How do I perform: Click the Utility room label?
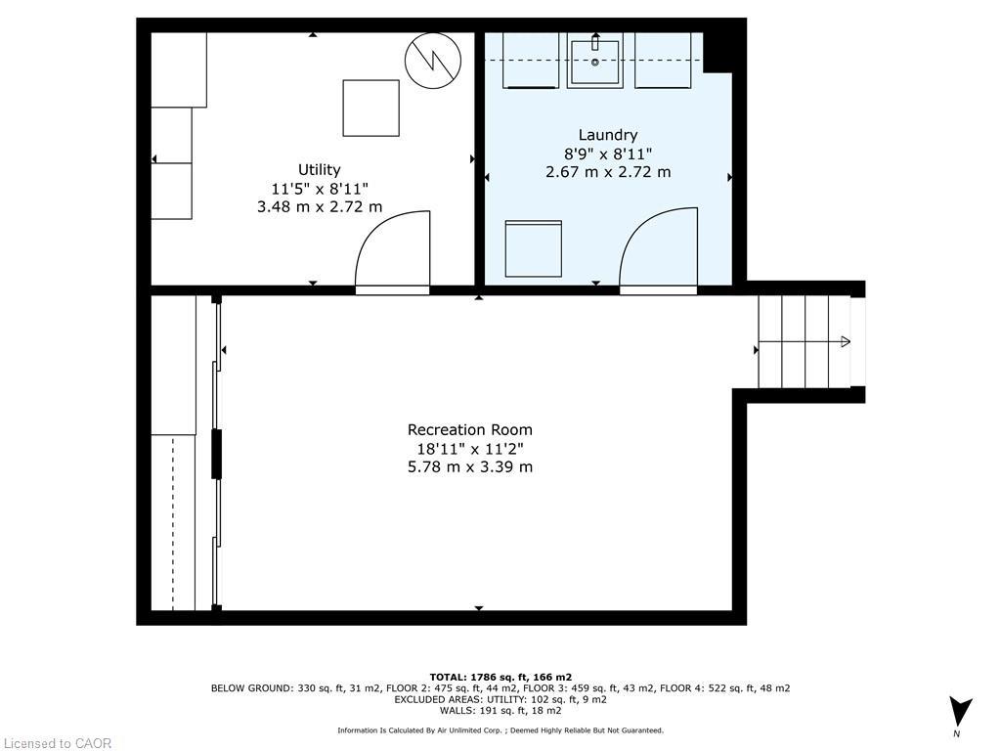(x=319, y=170)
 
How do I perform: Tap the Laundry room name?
(x=607, y=135)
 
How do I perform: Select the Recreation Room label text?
(x=470, y=430)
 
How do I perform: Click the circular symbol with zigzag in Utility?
(x=433, y=61)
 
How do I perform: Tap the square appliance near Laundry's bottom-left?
(x=533, y=249)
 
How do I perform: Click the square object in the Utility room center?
(x=370, y=109)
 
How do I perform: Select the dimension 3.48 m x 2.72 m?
(x=319, y=206)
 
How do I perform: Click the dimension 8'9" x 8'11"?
(x=607, y=154)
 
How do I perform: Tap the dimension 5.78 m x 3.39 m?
(x=470, y=467)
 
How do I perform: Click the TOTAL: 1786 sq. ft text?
(x=500, y=677)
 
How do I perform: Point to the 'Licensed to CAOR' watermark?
(x=57, y=743)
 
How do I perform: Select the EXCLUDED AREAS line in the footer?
(x=500, y=700)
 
